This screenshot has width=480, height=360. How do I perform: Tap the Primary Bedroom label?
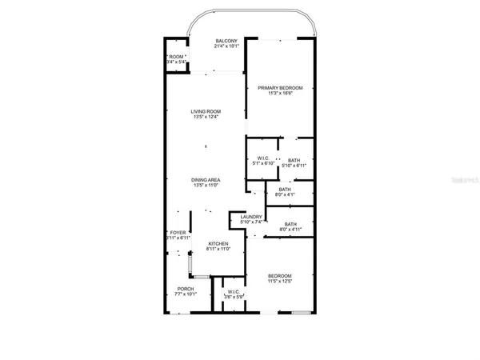click(279, 87)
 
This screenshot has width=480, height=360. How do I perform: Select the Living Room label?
click(206, 111)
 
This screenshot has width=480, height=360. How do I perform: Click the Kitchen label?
click(218, 243)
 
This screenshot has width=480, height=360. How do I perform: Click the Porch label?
click(185, 290)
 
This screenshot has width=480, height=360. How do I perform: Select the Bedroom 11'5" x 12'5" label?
click(279, 276)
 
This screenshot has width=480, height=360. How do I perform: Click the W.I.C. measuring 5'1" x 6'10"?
click(262, 159)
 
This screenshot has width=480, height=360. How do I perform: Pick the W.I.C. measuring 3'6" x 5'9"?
click(234, 292)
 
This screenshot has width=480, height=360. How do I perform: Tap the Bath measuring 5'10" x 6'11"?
click(294, 160)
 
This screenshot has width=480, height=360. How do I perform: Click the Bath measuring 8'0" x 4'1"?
click(285, 189)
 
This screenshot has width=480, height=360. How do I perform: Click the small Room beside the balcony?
click(177, 57)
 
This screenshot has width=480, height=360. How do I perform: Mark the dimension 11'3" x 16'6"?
click(279, 94)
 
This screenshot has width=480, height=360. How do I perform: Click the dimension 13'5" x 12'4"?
click(206, 118)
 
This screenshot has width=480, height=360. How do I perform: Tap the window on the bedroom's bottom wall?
click(301, 312)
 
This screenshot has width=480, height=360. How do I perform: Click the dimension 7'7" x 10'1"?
click(185, 295)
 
